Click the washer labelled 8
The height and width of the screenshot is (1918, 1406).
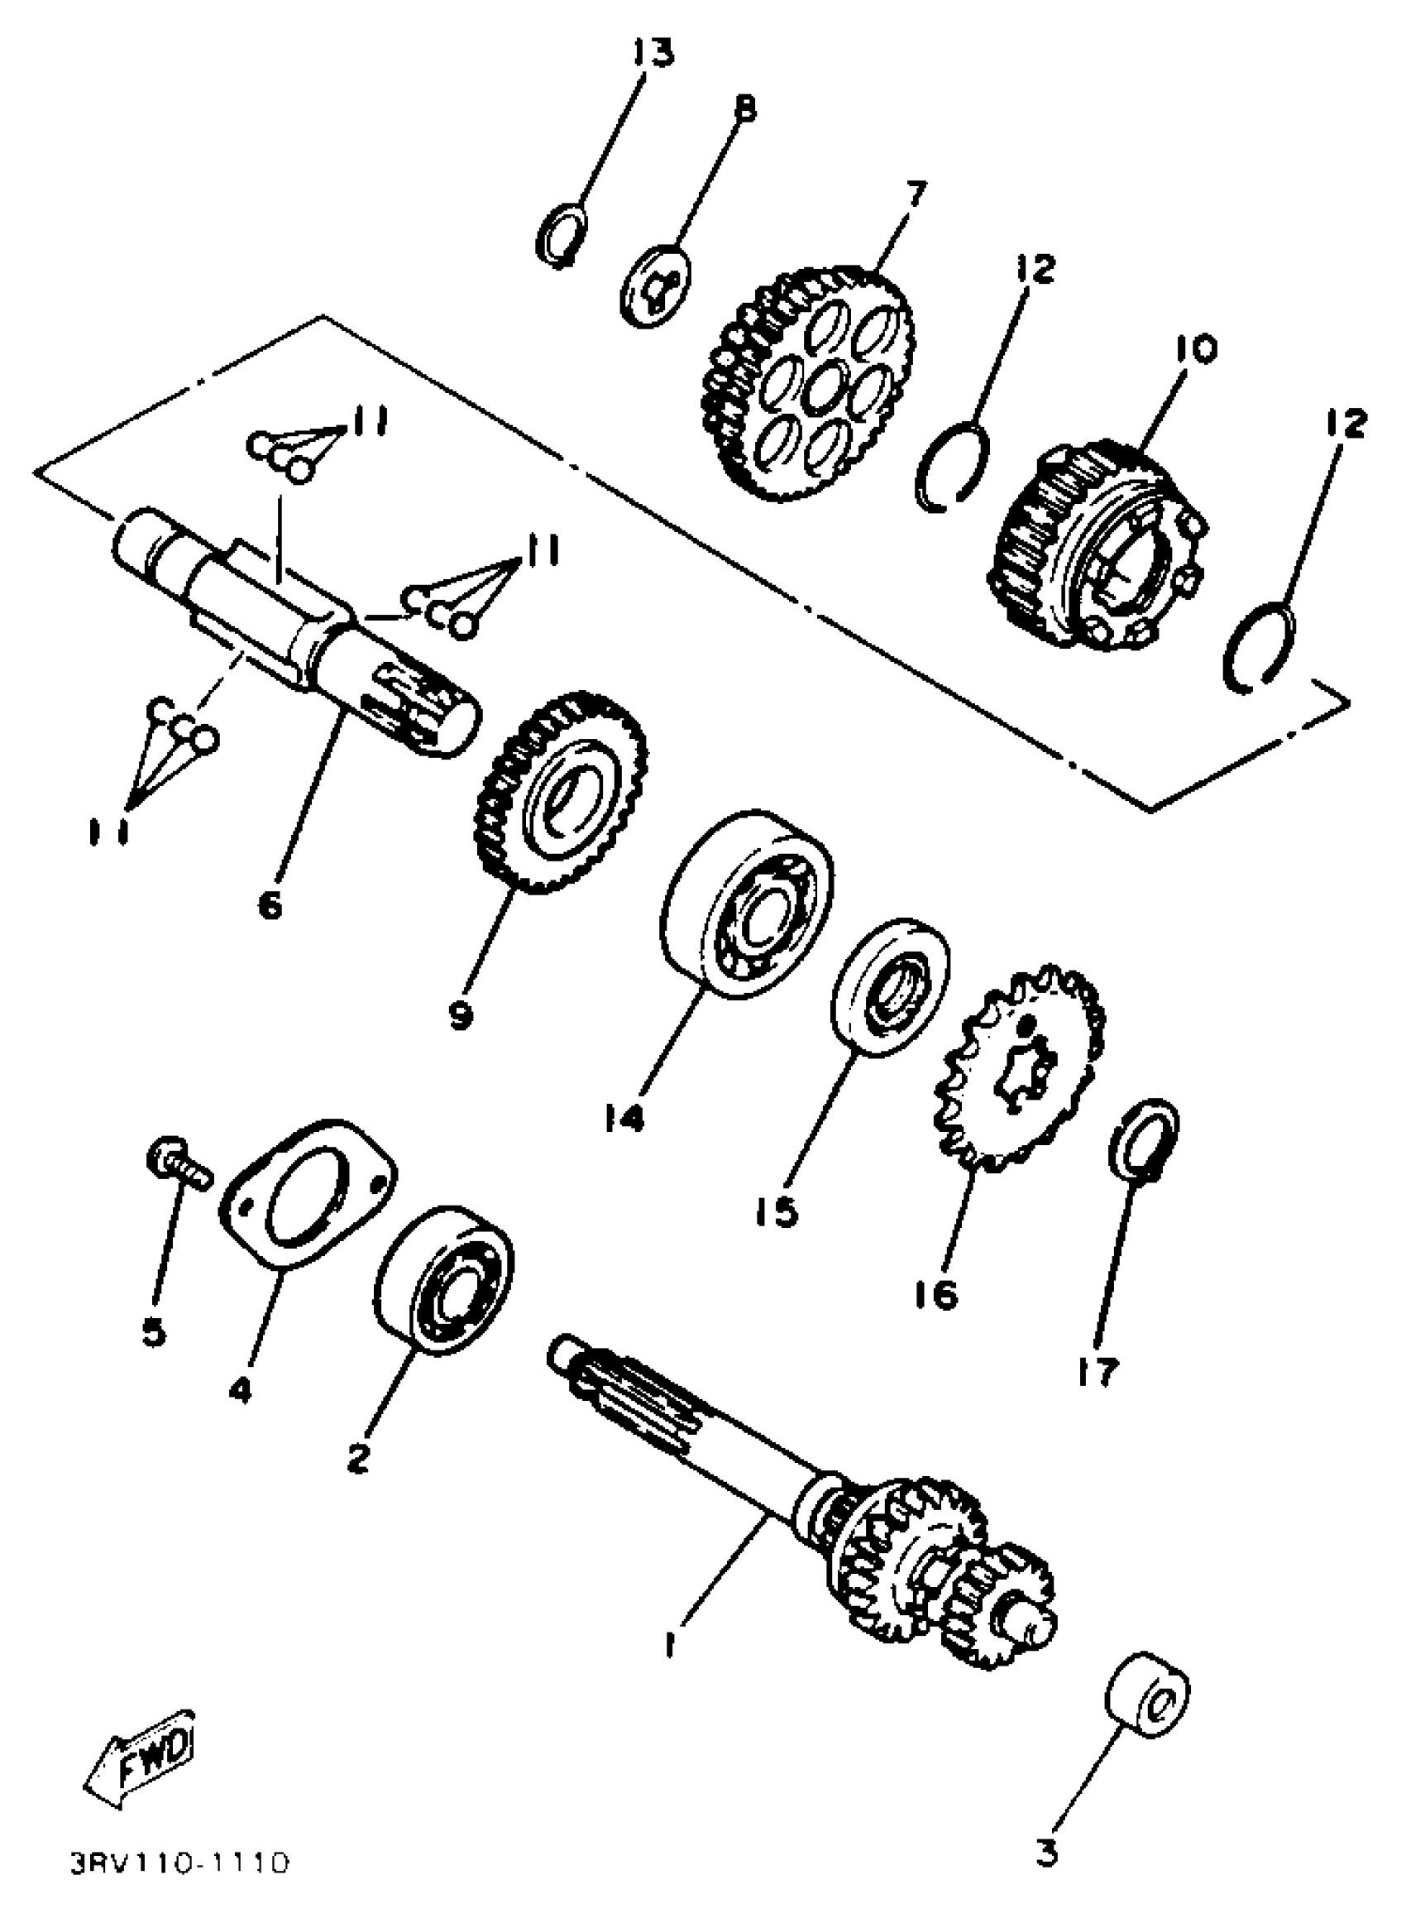point(655,285)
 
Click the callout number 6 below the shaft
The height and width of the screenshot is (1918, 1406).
point(270,905)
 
